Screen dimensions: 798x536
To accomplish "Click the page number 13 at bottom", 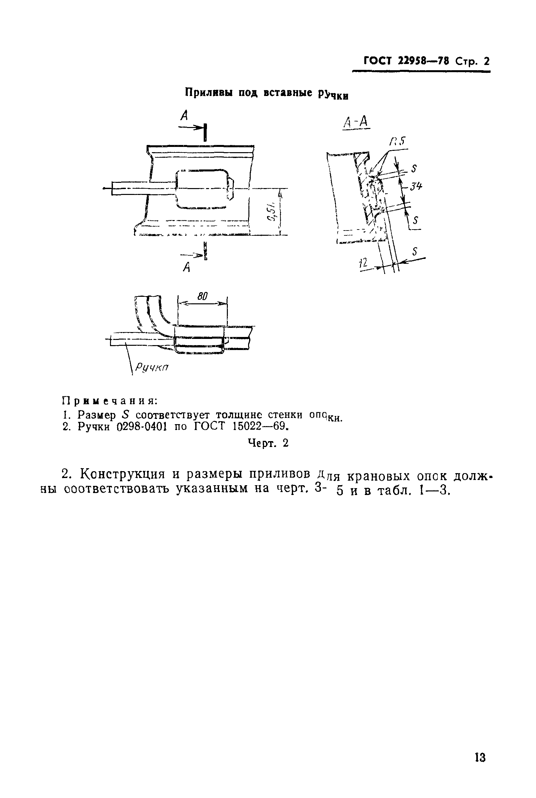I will click(x=480, y=757).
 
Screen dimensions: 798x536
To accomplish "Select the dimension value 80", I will click(x=202, y=296).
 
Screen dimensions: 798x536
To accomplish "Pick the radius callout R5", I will click(x=398, y=141).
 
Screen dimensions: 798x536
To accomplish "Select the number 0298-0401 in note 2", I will click(x=141, y=427).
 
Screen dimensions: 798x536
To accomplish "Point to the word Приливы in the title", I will click(x=208, y=92).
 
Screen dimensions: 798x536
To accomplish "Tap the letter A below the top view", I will click(x=186, y=267).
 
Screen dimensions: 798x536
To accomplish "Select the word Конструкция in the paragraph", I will click(x=122, y=474).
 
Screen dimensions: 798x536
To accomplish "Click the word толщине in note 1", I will click(x=239, y=415).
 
